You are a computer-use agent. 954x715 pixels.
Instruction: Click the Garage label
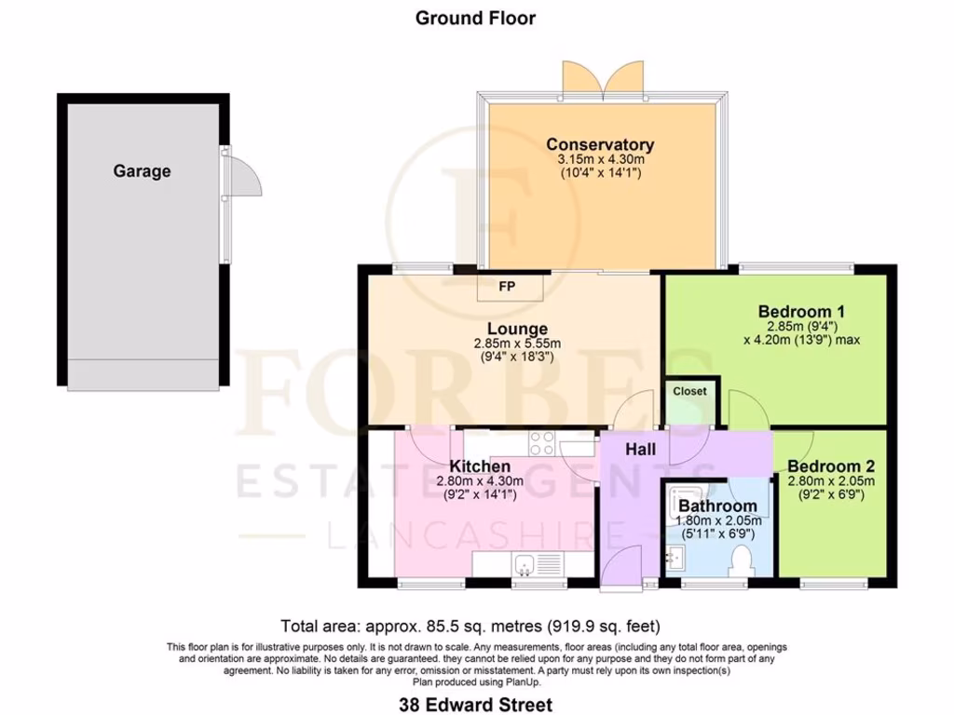(142, 171)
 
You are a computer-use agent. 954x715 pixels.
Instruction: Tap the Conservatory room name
(599, 144)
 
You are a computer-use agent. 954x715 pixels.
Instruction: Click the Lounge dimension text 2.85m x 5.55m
(517, 344)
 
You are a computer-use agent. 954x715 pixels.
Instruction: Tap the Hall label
(640, 449)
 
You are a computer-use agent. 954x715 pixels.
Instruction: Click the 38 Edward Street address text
(477, 705)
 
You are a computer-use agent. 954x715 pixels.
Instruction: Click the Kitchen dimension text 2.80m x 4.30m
(480, 481)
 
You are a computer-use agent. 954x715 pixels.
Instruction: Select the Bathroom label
(717, 506)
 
